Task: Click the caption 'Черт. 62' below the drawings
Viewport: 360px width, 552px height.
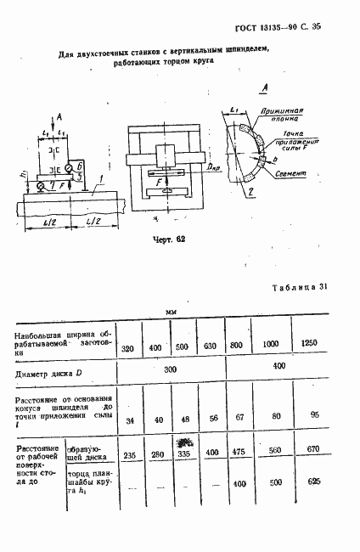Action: [x=168, y=239]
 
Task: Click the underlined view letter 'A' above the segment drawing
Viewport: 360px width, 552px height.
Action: [x=265, y=88]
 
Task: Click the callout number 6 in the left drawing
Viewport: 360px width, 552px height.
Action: [x=79, y=167]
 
